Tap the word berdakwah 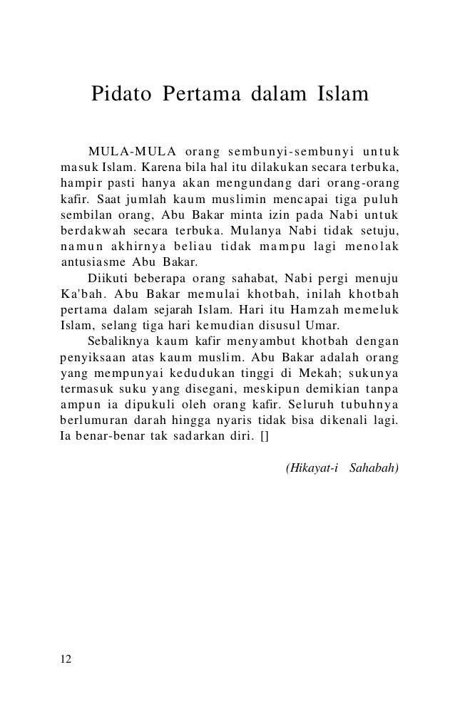point(86,229)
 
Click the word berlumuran point(91,418)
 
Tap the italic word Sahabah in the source point(374,468)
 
